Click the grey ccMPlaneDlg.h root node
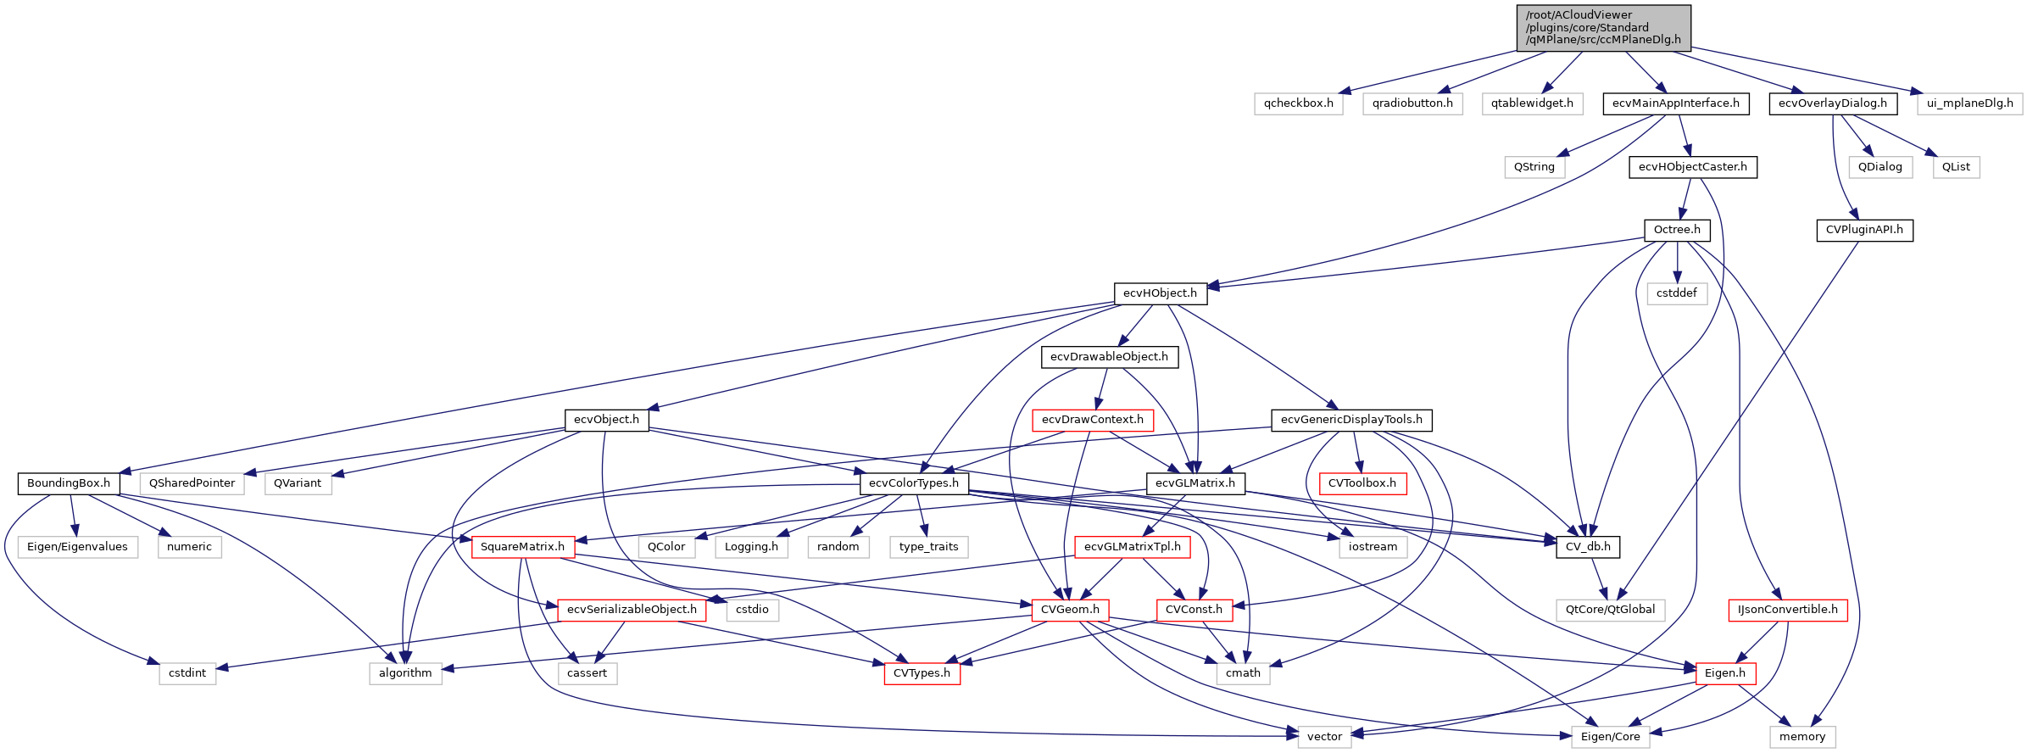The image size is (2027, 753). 1603,27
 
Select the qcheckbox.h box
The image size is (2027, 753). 1298,103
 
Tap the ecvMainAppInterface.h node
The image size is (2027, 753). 1675,103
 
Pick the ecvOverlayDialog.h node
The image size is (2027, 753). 1832,103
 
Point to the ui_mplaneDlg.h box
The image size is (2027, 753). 1969,103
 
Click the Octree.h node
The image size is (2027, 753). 1676,230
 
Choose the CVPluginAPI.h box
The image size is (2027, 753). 1863,230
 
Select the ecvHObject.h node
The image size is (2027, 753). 1160,293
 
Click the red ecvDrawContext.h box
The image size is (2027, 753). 1092,420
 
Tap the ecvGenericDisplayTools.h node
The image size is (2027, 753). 1351,420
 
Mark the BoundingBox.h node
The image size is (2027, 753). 69,483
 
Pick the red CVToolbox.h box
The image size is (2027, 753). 1362,483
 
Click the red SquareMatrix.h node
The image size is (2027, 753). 522,547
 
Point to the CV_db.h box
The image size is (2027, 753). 1588,547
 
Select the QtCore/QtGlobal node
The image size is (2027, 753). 1610,610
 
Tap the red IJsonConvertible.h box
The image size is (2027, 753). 1787,610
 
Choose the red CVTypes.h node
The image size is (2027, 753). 922,673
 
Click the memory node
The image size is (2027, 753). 1802,737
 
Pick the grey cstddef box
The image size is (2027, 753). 1676,293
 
